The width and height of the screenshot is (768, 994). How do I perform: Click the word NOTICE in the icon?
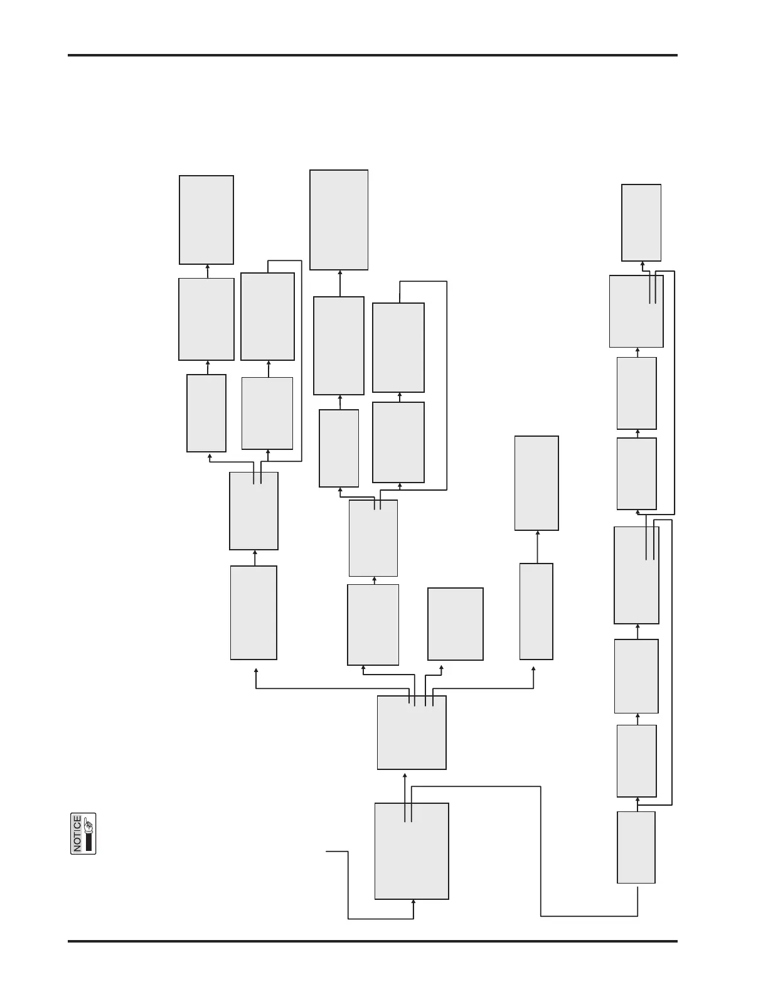coord(77,834)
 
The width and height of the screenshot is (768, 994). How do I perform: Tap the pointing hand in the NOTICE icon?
coord(88,824)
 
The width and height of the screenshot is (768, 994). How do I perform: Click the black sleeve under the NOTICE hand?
coord(88,842)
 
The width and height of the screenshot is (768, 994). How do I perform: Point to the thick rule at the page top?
coord(373,55)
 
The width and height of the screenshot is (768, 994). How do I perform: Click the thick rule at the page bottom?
coord(373,941)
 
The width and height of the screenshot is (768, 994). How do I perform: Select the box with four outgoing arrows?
coord(412,732)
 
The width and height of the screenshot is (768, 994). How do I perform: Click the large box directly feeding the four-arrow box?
coord(412,851)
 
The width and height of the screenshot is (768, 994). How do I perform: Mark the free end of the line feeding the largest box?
coord(327,852)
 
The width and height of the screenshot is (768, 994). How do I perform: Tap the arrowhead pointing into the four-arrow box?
coord(405,776)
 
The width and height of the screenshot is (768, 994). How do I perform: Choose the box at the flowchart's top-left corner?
coord(206,220)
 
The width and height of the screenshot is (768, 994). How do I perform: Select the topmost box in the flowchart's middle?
coord(339,220)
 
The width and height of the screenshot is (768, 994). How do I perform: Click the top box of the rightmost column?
coord(641,222)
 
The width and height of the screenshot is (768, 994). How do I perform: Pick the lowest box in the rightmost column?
coord(636,847)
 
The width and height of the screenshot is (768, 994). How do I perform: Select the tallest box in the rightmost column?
coord(636,575)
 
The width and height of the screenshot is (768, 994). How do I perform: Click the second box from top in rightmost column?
coord(636,311)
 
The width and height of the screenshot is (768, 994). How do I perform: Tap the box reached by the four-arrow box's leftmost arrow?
coord(253,612)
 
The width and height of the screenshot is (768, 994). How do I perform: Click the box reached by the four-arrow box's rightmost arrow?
coord(536,611)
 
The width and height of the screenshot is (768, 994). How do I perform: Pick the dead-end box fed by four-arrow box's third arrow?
coord(456,624)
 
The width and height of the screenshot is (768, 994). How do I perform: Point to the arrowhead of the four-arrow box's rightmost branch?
coord(534,669)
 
